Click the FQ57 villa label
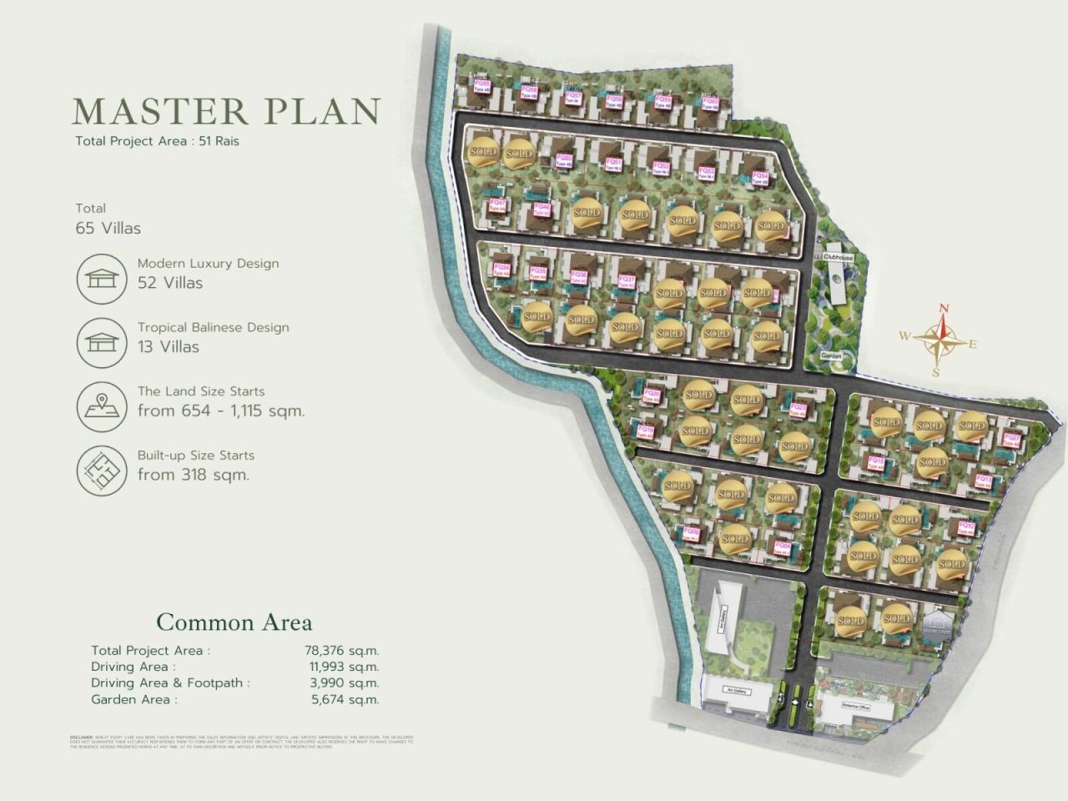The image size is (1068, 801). (x=573, y=97)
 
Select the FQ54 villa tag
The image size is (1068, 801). (x=759, y=177)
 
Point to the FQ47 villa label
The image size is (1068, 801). (x=497, y=204)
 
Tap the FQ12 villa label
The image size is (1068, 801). (x=966, y=527)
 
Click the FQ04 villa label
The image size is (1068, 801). (x=783, y=547)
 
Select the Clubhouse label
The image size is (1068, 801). (x=838, y=259)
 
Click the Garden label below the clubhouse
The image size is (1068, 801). (x=831, y=356)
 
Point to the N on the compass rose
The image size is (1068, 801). (x=944, y=308)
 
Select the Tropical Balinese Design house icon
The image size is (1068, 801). (x=101, y=342)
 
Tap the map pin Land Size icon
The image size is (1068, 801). (x=101, y=406)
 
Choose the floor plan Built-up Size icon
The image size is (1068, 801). (x=101, y=470)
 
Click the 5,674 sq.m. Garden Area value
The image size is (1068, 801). (x=345, y=700)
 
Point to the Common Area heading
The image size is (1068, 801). (x=234, y=622)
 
